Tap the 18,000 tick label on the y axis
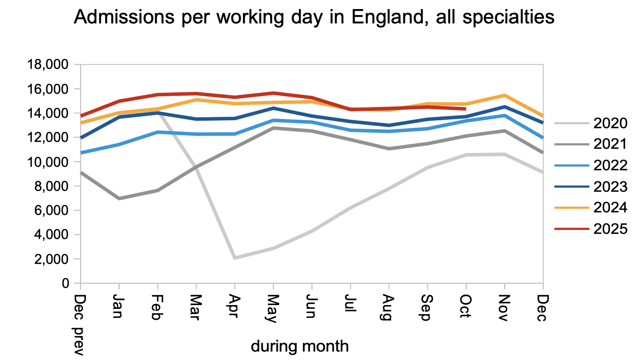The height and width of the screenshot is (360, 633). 48,65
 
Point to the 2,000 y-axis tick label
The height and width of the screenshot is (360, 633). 53,259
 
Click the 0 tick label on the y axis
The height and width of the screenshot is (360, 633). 65,284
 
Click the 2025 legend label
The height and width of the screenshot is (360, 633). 610,229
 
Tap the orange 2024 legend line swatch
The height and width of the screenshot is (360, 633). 572,208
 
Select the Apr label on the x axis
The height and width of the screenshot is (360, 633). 234,306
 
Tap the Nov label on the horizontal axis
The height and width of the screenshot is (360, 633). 505,308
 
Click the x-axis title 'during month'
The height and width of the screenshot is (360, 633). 299,346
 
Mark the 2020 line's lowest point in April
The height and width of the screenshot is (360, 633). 235,258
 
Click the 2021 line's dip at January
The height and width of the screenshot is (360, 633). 119,198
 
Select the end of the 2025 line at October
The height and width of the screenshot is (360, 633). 466,109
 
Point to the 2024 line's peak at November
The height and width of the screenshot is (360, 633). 505,95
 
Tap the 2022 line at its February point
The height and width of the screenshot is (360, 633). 158,132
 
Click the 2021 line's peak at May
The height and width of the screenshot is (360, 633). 273,128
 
